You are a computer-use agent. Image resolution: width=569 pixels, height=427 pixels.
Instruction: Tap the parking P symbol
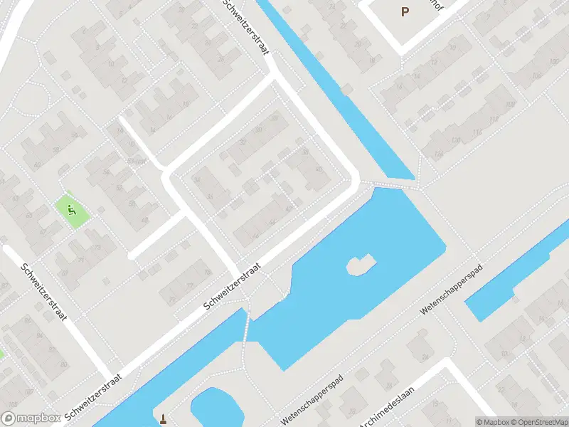[x=405, y=11]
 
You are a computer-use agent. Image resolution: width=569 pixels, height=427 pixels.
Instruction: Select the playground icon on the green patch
[x=71, y=210]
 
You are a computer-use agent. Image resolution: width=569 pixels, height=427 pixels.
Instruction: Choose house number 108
[x=509, y=104]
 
